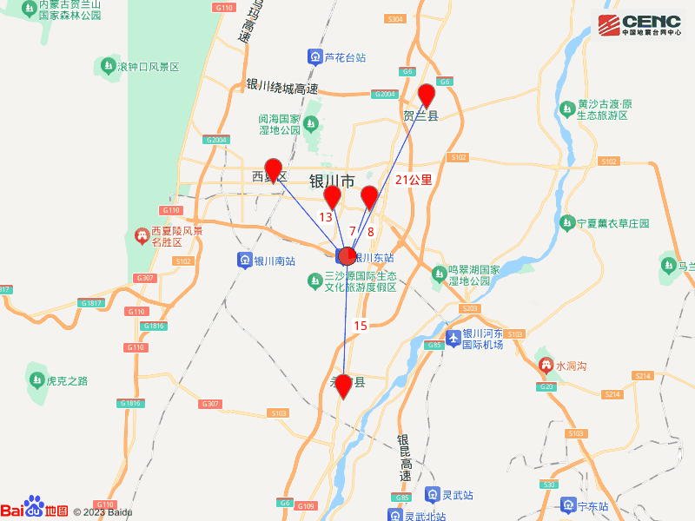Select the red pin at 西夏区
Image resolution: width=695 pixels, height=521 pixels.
coord(274,169)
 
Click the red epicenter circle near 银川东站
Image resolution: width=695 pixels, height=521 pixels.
coord(347,256)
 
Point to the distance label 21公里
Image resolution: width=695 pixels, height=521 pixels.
coord(414,180)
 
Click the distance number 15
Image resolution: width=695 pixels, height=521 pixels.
coord(361,326)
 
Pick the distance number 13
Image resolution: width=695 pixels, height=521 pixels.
coord(327,217)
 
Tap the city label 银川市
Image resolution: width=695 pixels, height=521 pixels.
coord(332,181)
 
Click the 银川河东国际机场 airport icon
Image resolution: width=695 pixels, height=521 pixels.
coord(452,338)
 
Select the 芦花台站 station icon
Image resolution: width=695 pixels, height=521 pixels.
coord(314,58)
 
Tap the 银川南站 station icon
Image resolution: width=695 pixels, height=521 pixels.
coord(245,260)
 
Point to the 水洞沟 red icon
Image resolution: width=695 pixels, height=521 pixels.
coord(546,366)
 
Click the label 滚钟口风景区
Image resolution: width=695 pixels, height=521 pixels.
coord(148,67)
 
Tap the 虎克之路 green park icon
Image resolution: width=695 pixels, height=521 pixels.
coord(36,379)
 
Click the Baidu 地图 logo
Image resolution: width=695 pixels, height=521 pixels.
coord(35,510)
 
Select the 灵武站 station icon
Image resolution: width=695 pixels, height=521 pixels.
coord(432,495)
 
